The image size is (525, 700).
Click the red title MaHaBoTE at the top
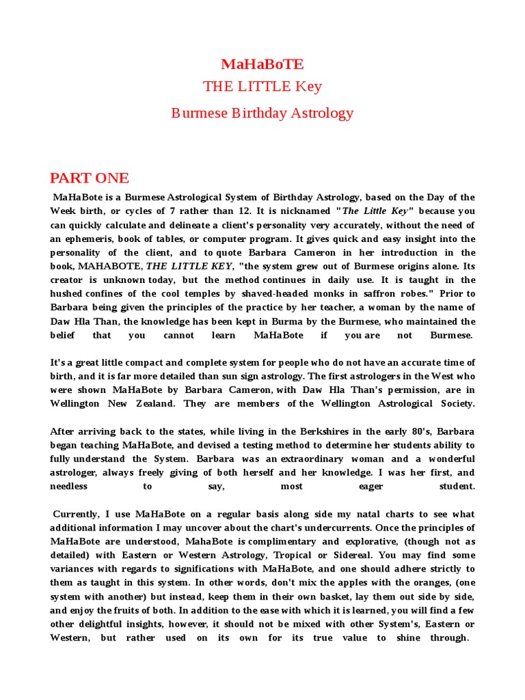point(262,64)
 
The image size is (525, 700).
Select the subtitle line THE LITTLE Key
point(262,87)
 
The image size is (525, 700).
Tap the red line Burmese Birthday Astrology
point(262,113)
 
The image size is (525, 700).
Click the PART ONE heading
point(89,178)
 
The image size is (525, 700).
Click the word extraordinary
point(332,459)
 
